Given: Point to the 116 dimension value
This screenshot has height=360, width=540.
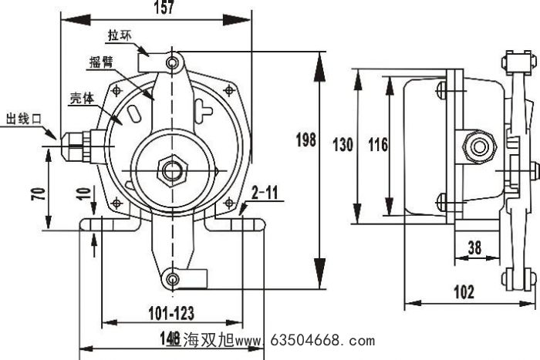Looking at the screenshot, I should coord(377,143).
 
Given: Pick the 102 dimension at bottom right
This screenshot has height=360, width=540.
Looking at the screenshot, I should coord(484,293).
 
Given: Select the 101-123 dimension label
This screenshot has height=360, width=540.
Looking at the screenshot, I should coord(170,312).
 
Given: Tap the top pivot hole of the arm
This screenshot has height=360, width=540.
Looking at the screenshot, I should coord(174,61).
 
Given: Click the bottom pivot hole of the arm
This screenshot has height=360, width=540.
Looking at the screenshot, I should coord(174,277).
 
